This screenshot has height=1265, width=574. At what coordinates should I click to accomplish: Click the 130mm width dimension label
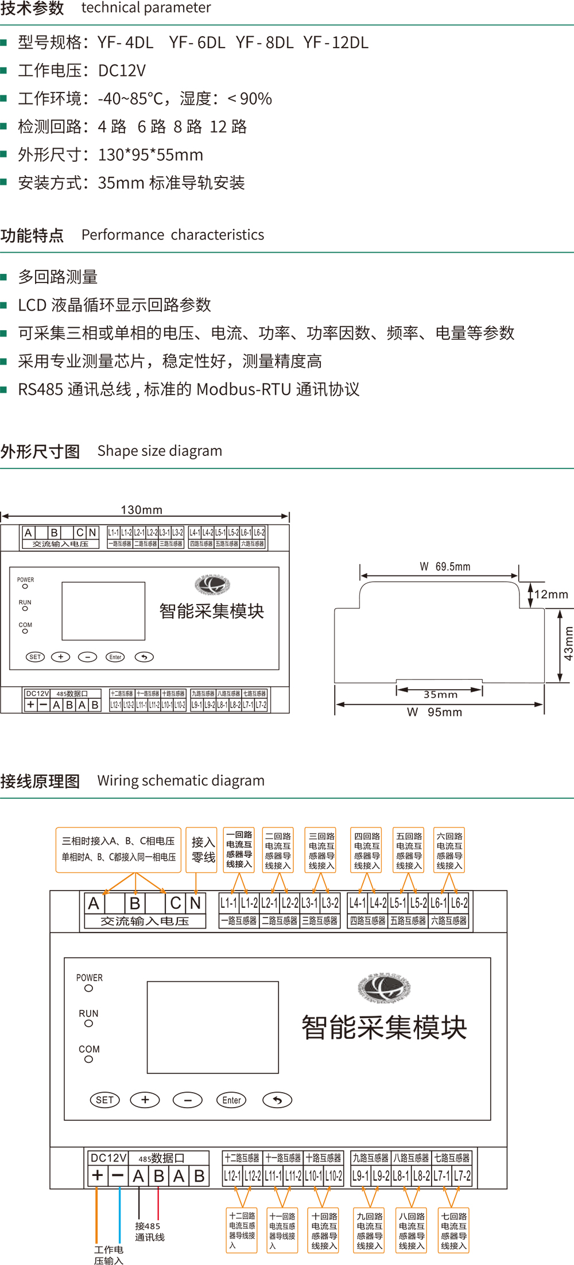[x=141, y=510]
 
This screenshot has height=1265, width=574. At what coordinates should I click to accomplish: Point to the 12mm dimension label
[x=551, y=594]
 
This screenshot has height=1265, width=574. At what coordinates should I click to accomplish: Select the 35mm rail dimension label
[x=440, y=694]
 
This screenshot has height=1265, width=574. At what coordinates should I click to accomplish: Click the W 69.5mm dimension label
[x=445, y=567]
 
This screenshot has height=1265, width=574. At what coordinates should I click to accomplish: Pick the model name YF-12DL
[x=336, y=42]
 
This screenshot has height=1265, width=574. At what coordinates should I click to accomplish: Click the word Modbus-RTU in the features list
[x=243, y=389]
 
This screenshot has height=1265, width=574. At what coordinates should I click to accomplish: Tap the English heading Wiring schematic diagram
[x=181, y=780]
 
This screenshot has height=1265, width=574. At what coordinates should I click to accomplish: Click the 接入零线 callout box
[x=203, y=850]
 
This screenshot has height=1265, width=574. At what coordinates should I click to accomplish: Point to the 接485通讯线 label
[x=149, y=1231]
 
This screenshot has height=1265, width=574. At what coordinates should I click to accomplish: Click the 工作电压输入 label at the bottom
[x=108, y=1255]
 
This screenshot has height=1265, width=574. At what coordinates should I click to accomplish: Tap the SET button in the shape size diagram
[x=35, y=657]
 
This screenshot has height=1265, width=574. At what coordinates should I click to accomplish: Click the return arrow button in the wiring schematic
[x=277, y=1100]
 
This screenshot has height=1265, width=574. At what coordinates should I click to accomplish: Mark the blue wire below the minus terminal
[x=119, y=1212]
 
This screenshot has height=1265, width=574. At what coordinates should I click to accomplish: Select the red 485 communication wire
[x=158, y=1203]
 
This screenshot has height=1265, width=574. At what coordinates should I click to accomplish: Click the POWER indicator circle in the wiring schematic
[x=88, y=988]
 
